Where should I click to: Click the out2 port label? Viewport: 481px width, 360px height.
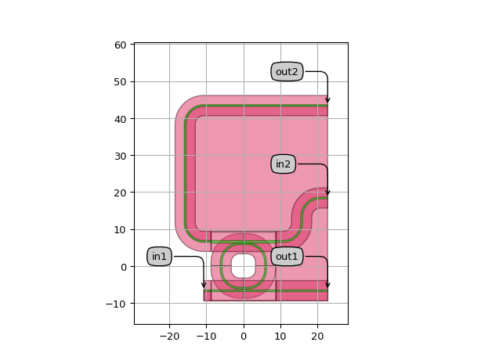pyautogui.click(x=287, y=72)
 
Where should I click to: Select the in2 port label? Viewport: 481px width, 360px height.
pyautogui.click(x=283, y=164)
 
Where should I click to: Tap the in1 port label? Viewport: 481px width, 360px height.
pyautogui.click(x=159, y=256)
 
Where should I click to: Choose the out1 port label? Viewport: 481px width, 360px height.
pyautogui.click(x=287, y=256)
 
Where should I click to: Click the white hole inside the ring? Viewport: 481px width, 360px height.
pyautogui.click(x=244, y=265)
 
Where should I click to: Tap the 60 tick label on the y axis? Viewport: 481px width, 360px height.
pyautogui.click(x=121, y=45)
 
